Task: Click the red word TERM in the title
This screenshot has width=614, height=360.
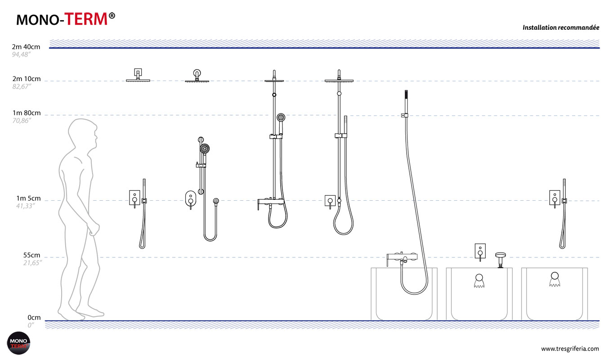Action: coord(86,19)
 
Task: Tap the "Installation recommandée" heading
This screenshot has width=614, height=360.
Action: coord(560,28)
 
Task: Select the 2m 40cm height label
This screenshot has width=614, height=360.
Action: coord(26,47)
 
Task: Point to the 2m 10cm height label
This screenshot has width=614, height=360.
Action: coord(26,79)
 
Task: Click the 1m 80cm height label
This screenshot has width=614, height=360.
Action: coord(26,113)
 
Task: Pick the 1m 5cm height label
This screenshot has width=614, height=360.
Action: coord(28,198)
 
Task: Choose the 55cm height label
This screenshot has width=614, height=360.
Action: coord(31,255)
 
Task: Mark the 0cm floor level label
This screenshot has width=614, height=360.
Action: coord(34,318)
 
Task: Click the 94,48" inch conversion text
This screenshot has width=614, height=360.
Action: coord(21,54)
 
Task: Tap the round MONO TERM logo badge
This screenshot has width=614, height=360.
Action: coord(18,343)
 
